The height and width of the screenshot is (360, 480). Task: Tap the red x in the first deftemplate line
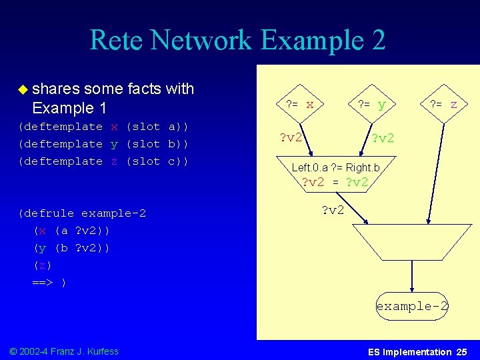[115, 127]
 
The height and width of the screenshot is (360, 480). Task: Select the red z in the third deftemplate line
[115, 161]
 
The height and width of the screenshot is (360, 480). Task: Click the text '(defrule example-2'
[83, 213]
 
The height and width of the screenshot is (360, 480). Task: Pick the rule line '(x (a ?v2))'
[72, 231]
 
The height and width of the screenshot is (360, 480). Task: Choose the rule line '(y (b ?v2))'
[72, 248]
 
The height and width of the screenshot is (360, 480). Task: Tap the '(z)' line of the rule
[43, 265]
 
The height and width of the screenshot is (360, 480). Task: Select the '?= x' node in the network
[299, 105]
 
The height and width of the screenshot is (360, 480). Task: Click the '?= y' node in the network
[371, 105]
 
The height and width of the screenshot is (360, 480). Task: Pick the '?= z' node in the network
[443, 105]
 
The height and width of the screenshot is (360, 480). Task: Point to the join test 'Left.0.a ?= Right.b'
[335, 167]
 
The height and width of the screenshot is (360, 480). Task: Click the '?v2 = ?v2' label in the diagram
[335, 182]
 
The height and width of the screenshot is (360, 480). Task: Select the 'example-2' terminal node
[412, 307]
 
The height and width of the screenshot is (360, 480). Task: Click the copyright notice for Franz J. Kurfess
[64, 351]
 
